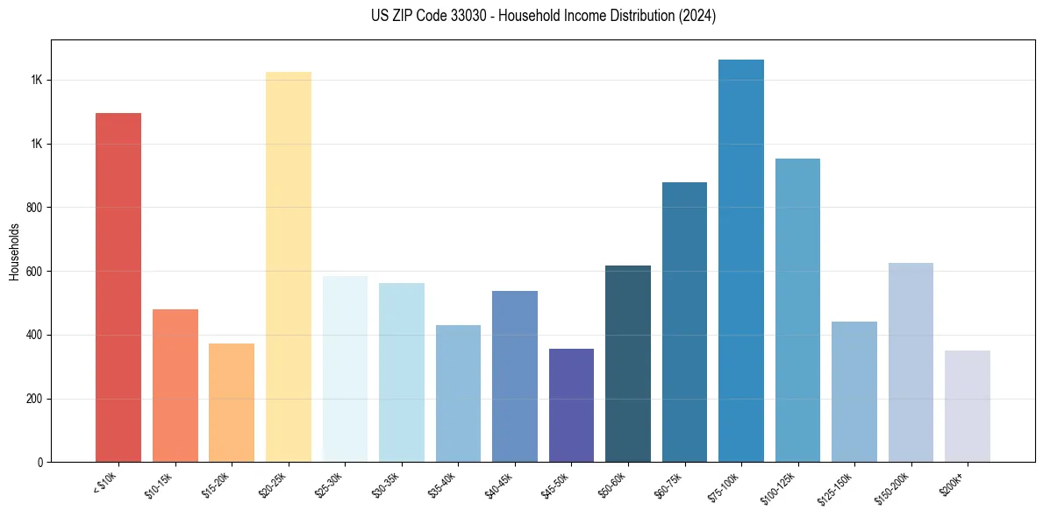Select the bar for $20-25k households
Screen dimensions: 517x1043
[288, 267]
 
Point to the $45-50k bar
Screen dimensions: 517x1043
[571, 405]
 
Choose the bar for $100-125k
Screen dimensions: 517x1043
[797, 310]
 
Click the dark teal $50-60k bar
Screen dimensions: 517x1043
[627, 364]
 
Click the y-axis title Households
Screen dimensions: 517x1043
[14, 251]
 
